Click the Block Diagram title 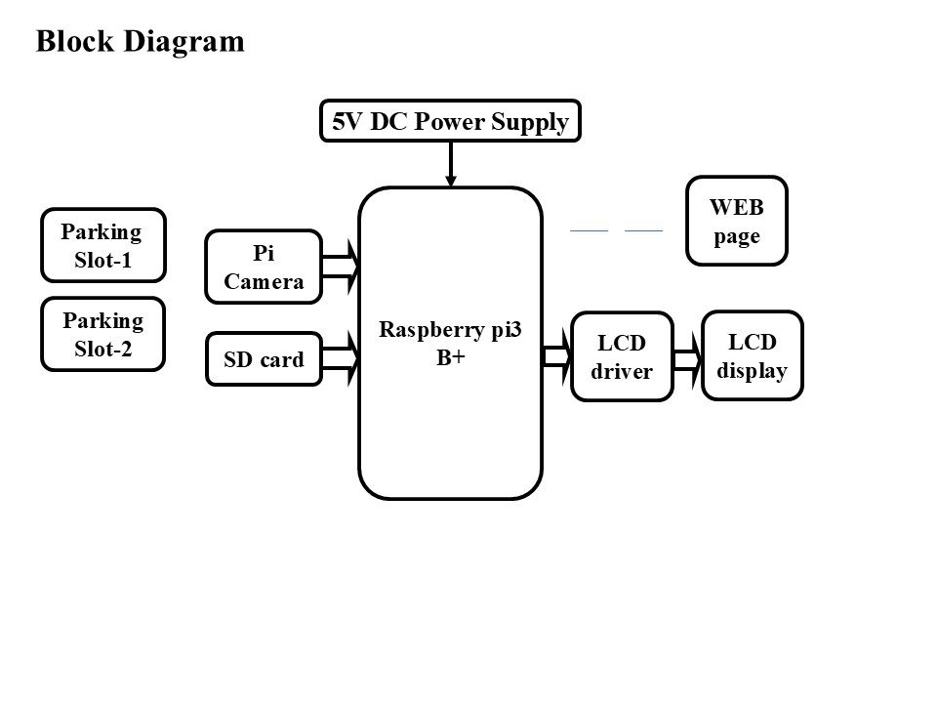(x=140, y=41)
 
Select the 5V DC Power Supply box (x=450, y=122)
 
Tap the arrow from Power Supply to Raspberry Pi (x=451, y=163)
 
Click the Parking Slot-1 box (x=102, y=244)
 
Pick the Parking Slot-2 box (x=102, y=334)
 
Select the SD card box (x=264, y=359)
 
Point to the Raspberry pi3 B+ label (x=451, y=344)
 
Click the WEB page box (x=737, y=221)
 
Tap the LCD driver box (x=623, y=356)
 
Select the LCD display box (x=752, y=355)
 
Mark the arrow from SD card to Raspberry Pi (x=341, y=357)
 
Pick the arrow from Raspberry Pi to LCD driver (x=556, y=356)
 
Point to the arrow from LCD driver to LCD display (x=687, y=356)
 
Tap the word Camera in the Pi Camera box (x=264, y=281)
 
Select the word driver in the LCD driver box (x=623, y=371)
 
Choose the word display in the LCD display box (x=752, y=370)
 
